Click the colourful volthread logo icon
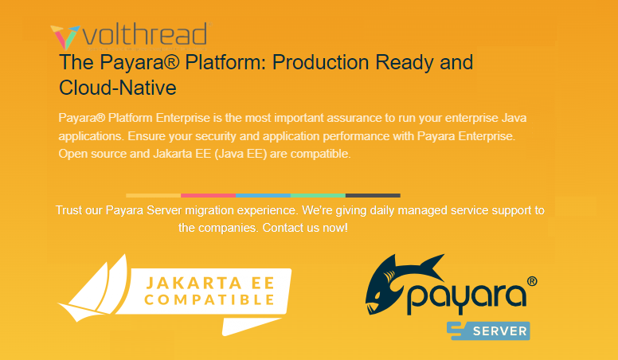click(65, 37)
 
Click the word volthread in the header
click(144, 35)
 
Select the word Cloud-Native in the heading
click(117, 87)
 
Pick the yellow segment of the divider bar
click(153, 195)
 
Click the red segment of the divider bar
click(208, 195)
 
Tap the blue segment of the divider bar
click(263, 195)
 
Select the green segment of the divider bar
click(318, 195)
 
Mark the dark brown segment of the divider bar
click(373, 195)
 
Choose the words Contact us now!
click(305, 228)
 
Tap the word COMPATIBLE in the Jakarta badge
click(210, 300)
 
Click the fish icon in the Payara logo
click(403, 286)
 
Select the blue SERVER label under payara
click(488, 331)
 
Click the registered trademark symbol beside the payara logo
click(531, 281)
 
